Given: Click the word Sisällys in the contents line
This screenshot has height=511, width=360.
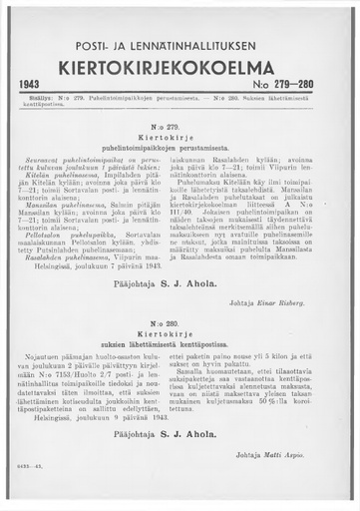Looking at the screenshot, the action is point(37,100).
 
